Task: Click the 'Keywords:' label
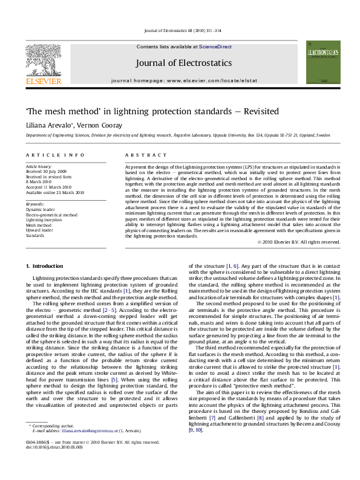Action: [x=34, y=204]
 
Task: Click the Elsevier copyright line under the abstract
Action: [x=299, y=242]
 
